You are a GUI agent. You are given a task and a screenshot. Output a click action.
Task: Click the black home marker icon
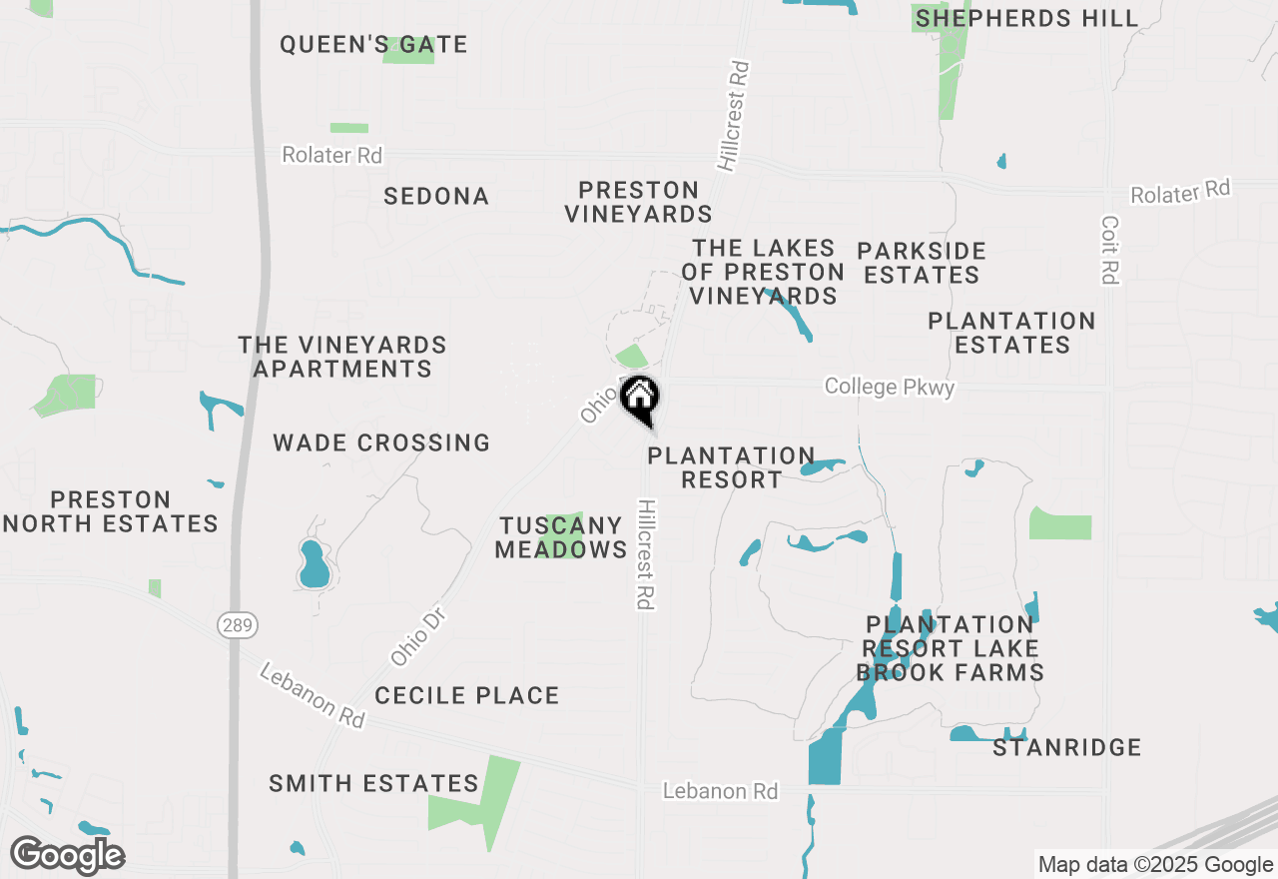(x=639, y=397)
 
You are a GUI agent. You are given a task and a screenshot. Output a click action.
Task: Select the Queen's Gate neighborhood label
(x=373, y=45)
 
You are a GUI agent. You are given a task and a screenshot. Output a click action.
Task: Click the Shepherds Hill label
(x=1026, y=18)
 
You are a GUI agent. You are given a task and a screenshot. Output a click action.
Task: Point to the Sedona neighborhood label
(x=436, y=197)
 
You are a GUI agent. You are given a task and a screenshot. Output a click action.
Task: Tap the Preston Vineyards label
(x=638, y=202)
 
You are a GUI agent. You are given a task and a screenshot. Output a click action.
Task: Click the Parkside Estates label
(x=922, y=263)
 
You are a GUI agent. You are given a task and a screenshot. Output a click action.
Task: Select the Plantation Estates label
(x=1011, y=333)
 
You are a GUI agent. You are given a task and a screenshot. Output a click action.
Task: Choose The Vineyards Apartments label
(x=342, y=357)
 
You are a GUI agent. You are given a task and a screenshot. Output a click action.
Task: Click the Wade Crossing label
(x=381, y=442)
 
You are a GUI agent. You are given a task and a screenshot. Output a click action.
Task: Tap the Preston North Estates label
(x=111, y=511)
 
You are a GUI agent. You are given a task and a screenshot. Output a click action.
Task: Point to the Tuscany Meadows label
(x=561, y=537)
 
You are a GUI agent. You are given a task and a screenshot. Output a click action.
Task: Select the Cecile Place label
(x=467, y=695)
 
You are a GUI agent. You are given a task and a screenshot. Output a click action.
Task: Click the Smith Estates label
(x=373, y=784)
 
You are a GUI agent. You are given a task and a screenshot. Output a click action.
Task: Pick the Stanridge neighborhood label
(x=1066, y=747)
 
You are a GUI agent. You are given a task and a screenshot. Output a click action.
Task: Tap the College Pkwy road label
(x=890, y=387)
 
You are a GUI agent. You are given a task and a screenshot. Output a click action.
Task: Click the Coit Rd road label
(x=1110, y=250)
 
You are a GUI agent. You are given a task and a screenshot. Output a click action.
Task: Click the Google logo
(x=68, y=855)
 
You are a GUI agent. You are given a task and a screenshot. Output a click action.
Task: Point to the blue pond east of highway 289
(x=314, y=564)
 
